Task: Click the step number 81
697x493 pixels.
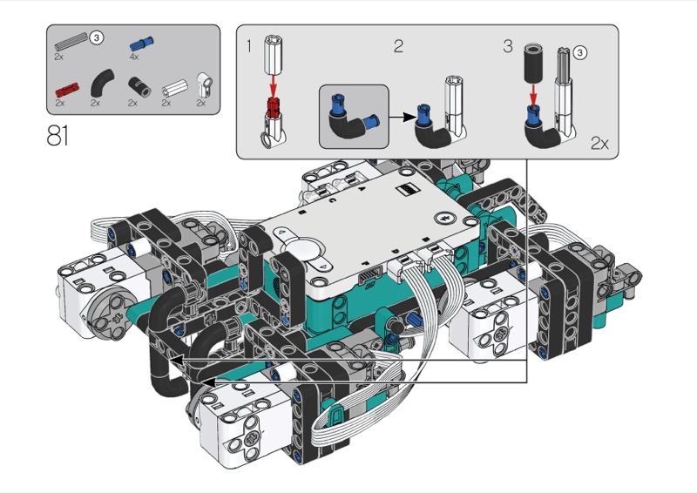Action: (58, 136)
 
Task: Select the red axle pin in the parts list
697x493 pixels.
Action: (67, 90)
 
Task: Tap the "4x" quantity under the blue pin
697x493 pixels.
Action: (134, 57)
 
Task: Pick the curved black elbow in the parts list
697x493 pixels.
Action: (102, 83)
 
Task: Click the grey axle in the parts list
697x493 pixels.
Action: (71, 41)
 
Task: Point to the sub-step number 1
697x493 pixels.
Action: (249, 46)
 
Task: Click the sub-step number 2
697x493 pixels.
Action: (399, 46)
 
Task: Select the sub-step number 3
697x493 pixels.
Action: (508, 46)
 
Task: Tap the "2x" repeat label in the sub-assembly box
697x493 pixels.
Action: (599, 143)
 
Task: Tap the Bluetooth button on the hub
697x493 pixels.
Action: (443, 218)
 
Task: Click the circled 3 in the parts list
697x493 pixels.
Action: (97, 37)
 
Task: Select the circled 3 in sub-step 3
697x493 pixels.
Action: (579, 53)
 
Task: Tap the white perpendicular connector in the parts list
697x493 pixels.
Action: (204, 84)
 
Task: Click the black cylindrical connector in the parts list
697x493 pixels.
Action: (139, 86)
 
